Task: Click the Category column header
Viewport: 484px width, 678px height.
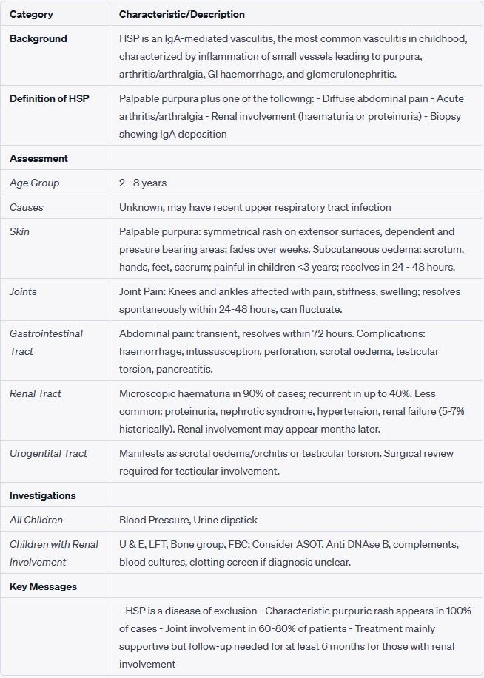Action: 31,14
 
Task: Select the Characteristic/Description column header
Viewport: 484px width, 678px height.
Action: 182,14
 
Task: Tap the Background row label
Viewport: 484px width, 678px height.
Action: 38,39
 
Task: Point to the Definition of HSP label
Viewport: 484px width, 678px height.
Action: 49,99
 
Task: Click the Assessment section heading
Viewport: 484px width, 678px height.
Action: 38,158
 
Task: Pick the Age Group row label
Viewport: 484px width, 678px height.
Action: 34,183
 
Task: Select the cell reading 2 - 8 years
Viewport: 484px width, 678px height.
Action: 143,183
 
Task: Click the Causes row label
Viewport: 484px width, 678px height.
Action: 27,207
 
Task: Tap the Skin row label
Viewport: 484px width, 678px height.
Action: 19,231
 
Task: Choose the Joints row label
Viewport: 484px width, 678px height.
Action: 23,291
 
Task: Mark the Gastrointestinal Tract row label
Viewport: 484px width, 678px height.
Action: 46,342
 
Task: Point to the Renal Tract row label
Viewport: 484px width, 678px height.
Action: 36,393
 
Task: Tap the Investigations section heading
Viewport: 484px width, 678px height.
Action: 42,495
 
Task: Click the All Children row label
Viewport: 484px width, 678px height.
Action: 36,520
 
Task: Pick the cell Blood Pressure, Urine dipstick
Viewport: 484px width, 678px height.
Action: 188,520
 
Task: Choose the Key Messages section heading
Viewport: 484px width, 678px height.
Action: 43,586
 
